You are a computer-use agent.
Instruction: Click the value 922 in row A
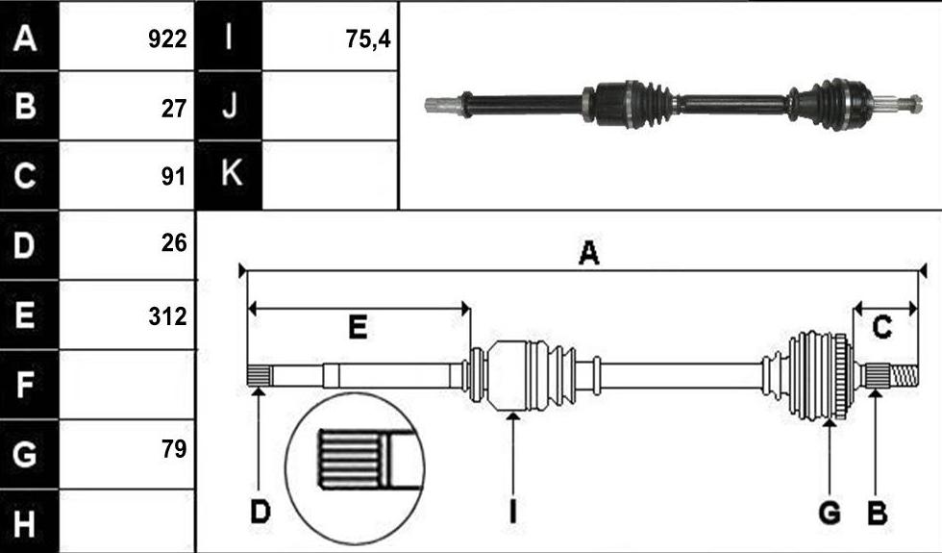[x=167, y=39]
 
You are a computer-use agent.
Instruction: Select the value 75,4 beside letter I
[x=367, y=39]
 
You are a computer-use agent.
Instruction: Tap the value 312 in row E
[x=167, y=315]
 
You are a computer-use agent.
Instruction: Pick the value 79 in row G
[x=174, y=448]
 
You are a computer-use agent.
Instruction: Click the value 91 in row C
[x=174, y=176]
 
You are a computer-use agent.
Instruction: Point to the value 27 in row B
[x=174, y=108]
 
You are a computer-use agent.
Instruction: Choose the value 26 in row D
[x=174, y=242]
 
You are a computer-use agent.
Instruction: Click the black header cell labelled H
[x=29, y=521]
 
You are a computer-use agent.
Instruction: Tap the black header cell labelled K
[x=230, y=175]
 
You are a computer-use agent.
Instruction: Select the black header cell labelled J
[x=230, y=106]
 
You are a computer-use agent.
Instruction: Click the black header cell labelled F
[x=29, y=385]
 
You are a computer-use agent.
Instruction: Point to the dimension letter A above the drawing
[x=588, y=252]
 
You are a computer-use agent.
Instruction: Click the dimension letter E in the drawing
[x=358, y=328]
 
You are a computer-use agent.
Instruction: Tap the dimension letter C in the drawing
[x=881, y=328]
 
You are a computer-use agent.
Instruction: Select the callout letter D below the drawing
[x=260, y=513]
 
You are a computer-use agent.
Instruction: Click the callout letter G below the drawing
[x=829, y=513]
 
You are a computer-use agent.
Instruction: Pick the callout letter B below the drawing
[x=877, y=513]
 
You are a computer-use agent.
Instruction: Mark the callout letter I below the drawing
[x=512, y=513]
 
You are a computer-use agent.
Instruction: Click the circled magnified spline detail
[x=355, y=468]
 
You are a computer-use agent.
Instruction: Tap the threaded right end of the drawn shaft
[x=905, y=376]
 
